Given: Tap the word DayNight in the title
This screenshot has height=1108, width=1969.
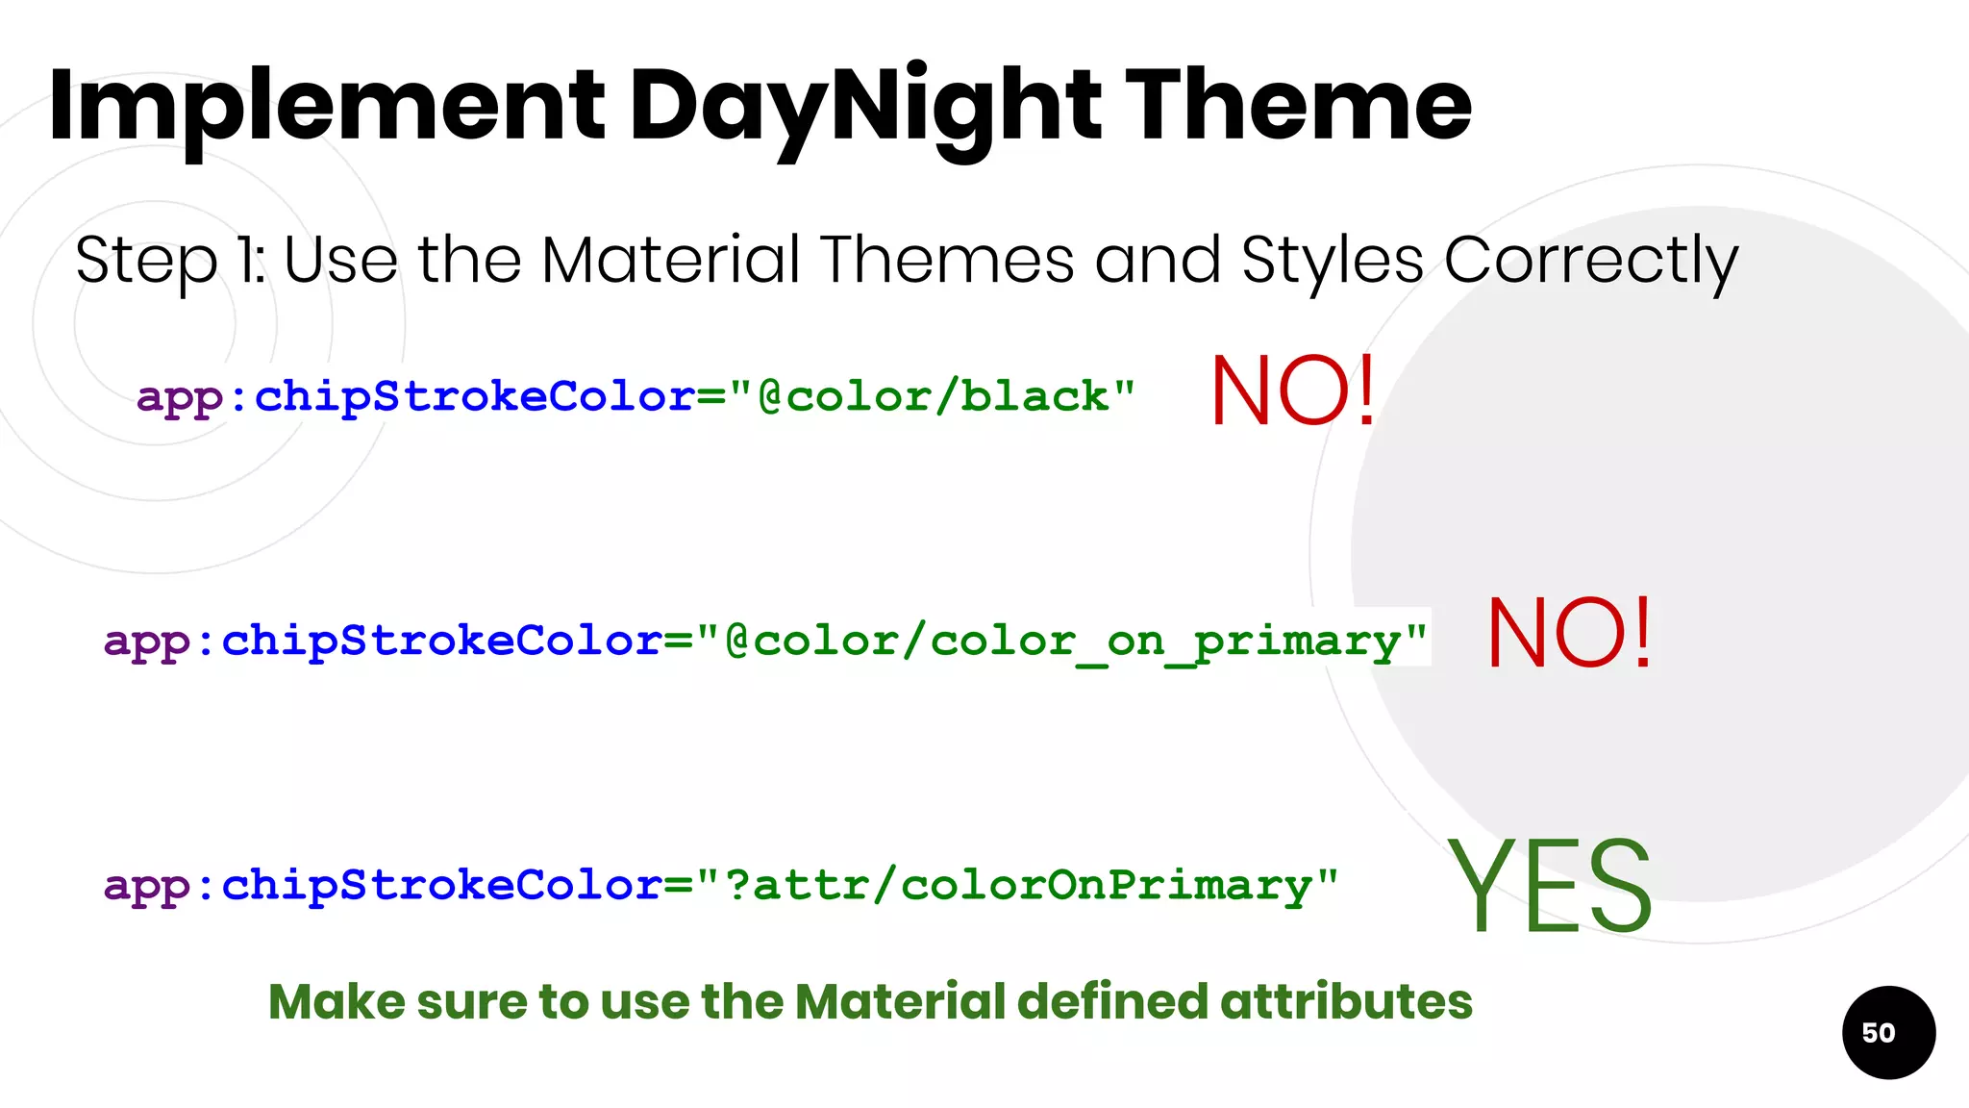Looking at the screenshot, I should (864, 106).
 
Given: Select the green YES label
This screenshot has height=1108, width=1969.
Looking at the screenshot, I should (1549, 885).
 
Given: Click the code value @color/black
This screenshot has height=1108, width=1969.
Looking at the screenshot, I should (947, 396).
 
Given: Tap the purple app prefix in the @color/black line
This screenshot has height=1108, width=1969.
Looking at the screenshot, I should (180, 398).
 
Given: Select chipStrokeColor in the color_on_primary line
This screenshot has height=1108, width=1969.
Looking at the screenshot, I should (441, 641).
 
